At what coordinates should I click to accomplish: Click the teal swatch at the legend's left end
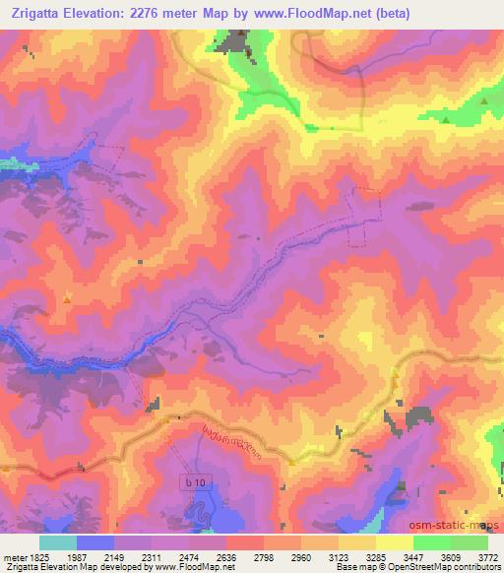[57, 542]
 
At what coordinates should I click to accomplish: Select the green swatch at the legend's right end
[470, 542]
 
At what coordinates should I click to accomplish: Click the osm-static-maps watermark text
[460, 524]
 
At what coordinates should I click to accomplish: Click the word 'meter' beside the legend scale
[14, 556]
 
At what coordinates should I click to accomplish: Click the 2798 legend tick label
[252, 556]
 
